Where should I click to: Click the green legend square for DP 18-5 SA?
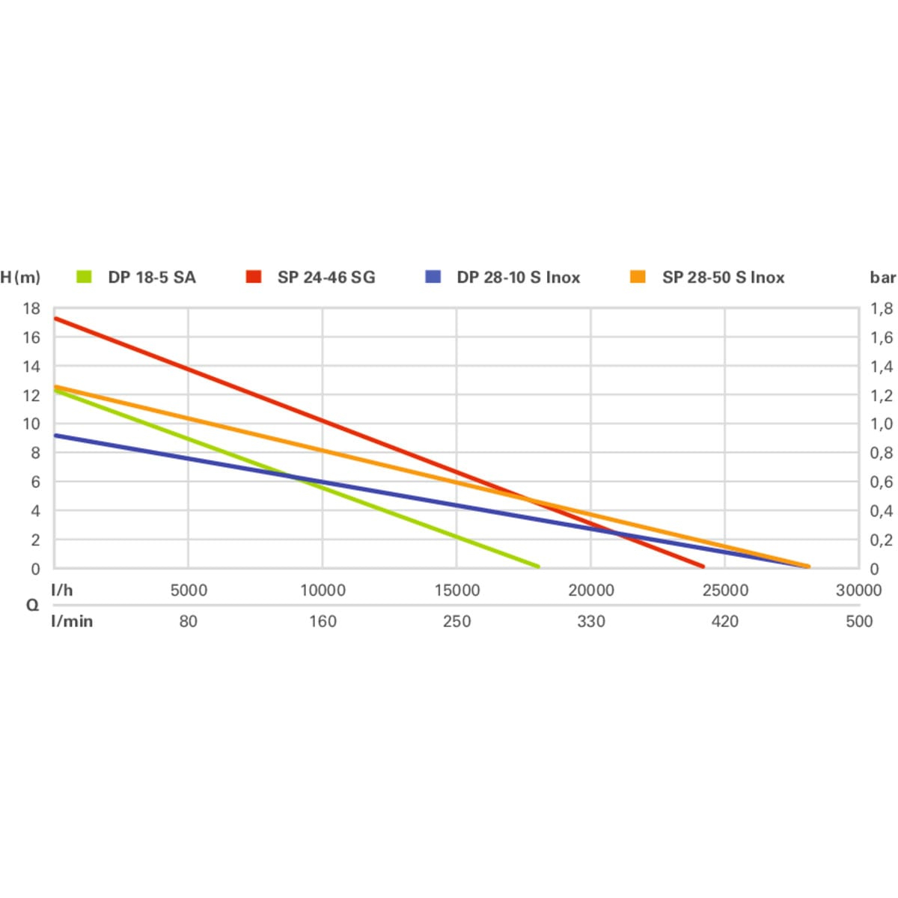[x=84, y=277]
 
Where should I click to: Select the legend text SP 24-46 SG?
[x=326, y=278]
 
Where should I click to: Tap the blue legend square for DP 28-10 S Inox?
[x=433, y=277]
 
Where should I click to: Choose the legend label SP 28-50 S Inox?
[x=723, y=278]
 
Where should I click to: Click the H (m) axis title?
[x=20, y=278]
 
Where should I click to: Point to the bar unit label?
[x=882, y=278]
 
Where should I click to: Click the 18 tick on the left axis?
[x=31, y=308]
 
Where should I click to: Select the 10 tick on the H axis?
[x=31, y=424]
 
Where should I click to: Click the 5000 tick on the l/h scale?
[x=188, y=590]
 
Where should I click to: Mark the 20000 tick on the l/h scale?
[x=590, y=590]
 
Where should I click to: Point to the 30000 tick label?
[x=858, y=590]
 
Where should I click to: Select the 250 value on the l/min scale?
[x=456, y=621]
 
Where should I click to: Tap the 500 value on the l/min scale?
[x=859, y=621]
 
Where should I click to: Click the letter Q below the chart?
[x=32, y=605]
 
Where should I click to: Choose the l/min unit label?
[x=72, y=621]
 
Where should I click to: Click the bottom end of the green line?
[x=537, y=566]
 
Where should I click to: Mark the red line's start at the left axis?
[x=55, y=319]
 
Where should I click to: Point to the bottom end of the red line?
[x=702, y=566]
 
